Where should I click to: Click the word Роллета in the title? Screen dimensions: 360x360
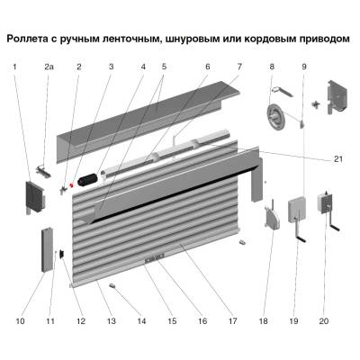click(33, 40)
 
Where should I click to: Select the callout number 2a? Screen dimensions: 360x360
click(49, 67)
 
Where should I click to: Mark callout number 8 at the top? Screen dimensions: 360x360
click(271, 67)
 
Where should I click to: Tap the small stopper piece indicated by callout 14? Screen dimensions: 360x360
click(114, 286)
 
